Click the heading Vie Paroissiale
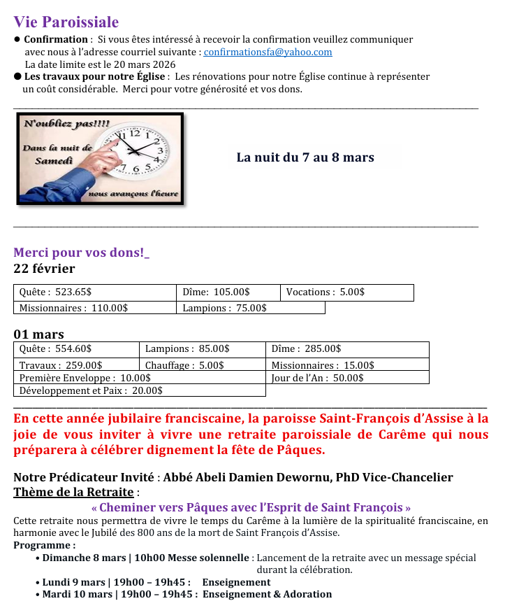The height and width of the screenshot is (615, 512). pyautogui.click(x=66, y=23)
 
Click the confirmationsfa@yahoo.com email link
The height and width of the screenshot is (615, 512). pyautogui.click(x=268, y=52)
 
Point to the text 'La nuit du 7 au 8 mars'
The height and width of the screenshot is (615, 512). pyautogui.click(x=305, y=157)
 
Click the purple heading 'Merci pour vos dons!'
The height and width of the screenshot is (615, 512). pyautogui.click(x=80, y=253)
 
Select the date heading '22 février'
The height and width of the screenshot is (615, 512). pyautogui.click(x=44, y=269)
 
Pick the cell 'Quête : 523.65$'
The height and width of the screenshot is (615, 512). pyautogui.click(x=55, y=292)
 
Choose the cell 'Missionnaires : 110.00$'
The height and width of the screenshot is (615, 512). pyautogui.click(x=73, y=308)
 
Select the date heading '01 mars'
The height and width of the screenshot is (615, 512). pyautogui.click(x=38, y=334)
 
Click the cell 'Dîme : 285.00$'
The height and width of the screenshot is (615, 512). pyautogui.click(x=306, y=348)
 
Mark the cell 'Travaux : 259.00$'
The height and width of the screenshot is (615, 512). pyautogui.click(x=61, y=365)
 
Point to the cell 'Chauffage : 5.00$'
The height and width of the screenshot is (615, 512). pyautogui.click(x=184, y=365)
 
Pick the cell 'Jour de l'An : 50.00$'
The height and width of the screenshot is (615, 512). pyautogui.click(x=317, y=378)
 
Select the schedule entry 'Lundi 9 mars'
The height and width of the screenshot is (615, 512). pyautogui.click(x=74, y=582)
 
